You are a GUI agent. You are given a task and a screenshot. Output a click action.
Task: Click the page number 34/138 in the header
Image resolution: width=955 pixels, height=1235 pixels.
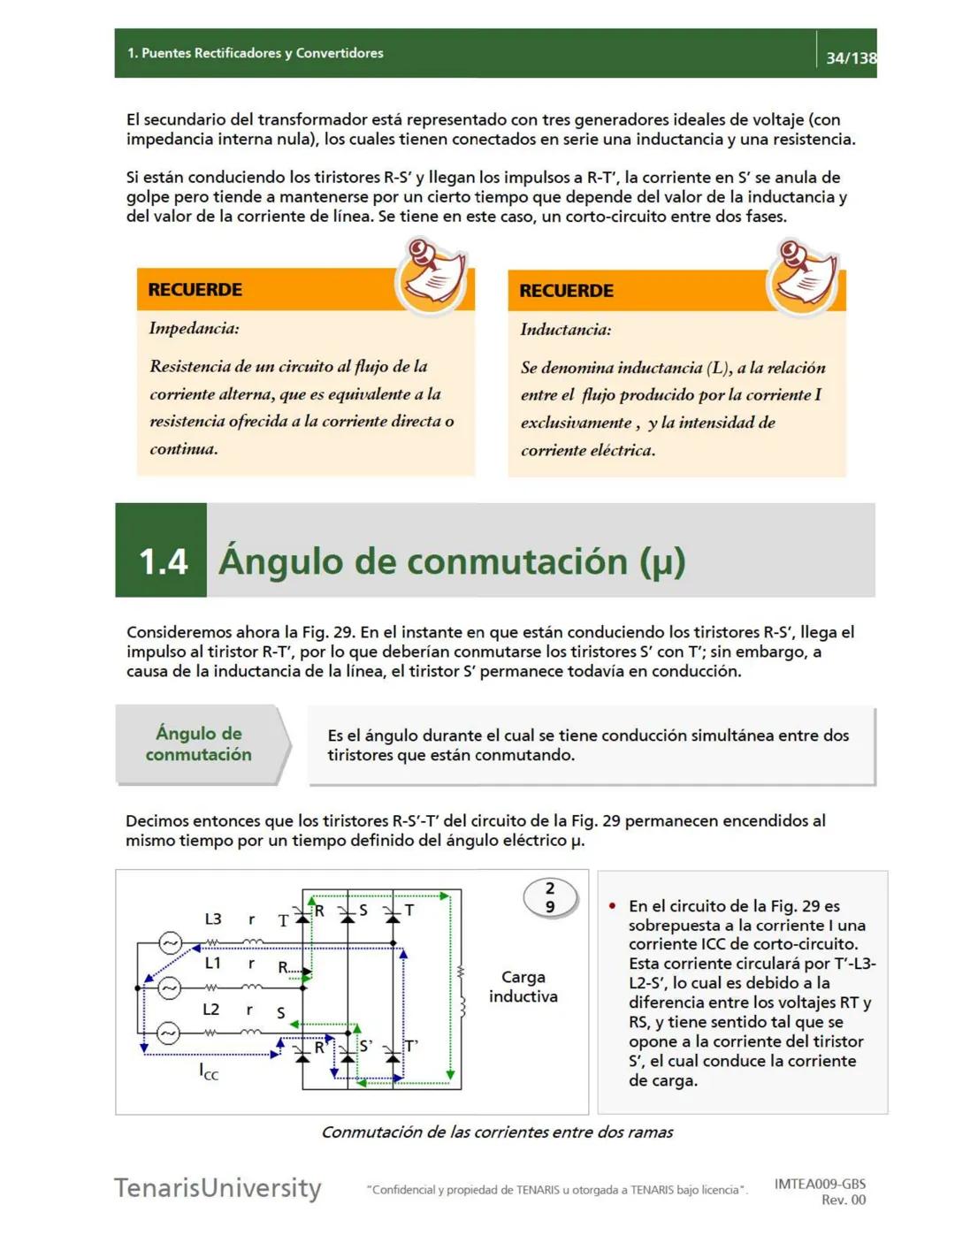(850, 57)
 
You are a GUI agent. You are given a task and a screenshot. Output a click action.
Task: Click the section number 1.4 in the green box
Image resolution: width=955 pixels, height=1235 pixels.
(164, 561)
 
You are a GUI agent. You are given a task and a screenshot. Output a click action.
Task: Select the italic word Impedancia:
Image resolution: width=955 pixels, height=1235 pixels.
(194, 329)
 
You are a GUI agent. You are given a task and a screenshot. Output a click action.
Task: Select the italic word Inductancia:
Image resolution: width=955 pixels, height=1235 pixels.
(565, 330)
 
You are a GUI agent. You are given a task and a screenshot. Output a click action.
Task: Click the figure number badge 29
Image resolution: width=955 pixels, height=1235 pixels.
(550, 897)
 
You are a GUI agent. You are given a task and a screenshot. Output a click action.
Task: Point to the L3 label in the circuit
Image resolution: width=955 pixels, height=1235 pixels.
(213, 919)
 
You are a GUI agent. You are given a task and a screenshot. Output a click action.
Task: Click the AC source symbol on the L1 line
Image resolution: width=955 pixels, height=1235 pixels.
(169, 987)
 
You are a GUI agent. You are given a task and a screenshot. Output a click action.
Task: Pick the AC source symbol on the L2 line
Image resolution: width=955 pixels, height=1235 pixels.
(169, 1033)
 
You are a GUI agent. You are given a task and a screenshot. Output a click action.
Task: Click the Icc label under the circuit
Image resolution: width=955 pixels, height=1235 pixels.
(209, 1072)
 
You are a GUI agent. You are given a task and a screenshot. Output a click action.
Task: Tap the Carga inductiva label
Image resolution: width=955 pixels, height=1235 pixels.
(523, 987)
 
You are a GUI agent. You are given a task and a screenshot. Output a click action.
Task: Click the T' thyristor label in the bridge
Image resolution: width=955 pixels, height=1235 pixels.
(411, 1046)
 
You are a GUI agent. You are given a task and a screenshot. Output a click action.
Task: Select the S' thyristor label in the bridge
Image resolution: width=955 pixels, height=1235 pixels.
(365, 1046)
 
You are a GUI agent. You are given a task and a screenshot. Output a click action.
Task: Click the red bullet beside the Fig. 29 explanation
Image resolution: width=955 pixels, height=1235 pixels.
(612, 906)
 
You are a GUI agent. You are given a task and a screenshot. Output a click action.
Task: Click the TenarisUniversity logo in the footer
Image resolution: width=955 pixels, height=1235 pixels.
(218, 1187)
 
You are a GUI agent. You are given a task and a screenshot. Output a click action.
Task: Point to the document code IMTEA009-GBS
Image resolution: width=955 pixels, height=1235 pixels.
(820, 1184)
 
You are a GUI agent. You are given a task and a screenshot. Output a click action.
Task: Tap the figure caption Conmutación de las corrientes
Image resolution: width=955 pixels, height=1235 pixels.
(497, 1132)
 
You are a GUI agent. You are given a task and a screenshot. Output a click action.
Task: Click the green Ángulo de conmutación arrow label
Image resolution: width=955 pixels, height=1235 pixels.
(198, 743)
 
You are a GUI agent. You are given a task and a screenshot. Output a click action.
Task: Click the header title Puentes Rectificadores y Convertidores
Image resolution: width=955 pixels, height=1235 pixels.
(256, 53)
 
